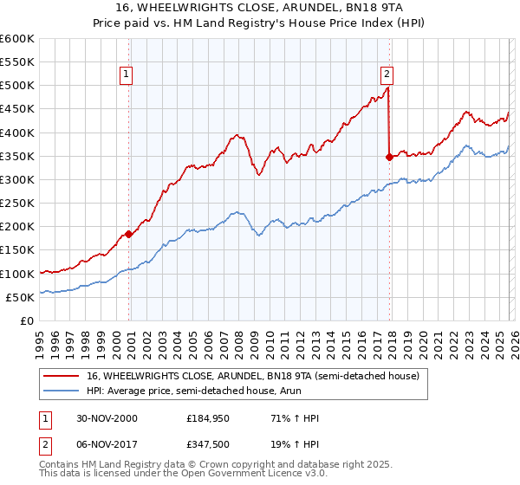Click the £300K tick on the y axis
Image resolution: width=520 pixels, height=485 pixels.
(x=16, y=179)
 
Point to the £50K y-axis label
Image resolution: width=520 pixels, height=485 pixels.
(x=19, y=297)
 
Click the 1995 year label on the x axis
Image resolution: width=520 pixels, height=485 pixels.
(x=39, y=338)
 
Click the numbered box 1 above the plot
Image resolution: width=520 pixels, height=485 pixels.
(x=127, y=75)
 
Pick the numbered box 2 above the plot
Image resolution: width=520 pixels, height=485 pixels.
(x=387, y=75)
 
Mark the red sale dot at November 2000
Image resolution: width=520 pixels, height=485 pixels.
(x=129, y=233)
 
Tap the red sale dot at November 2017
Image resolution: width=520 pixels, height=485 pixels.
(x=389, y=157)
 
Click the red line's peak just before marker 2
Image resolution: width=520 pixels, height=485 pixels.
(x=387, y=87)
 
